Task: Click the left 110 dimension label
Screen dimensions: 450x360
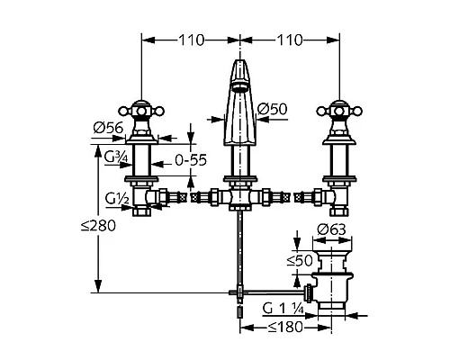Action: tap(192, 40)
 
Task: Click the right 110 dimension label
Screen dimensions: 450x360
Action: tap(290, 40)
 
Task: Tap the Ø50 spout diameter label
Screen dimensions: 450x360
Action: tap(272, 109)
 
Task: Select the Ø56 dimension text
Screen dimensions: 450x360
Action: tap(108, 129)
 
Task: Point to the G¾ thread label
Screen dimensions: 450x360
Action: tap(116, 157)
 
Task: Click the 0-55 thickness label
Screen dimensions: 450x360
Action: tap(191, 160)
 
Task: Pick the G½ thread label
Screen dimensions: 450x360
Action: tap(117, 199)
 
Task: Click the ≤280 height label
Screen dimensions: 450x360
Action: tap(98, 226)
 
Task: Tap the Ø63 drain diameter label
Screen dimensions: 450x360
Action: tap(331, 229)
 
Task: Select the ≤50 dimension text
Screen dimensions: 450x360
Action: tap(300, 260)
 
